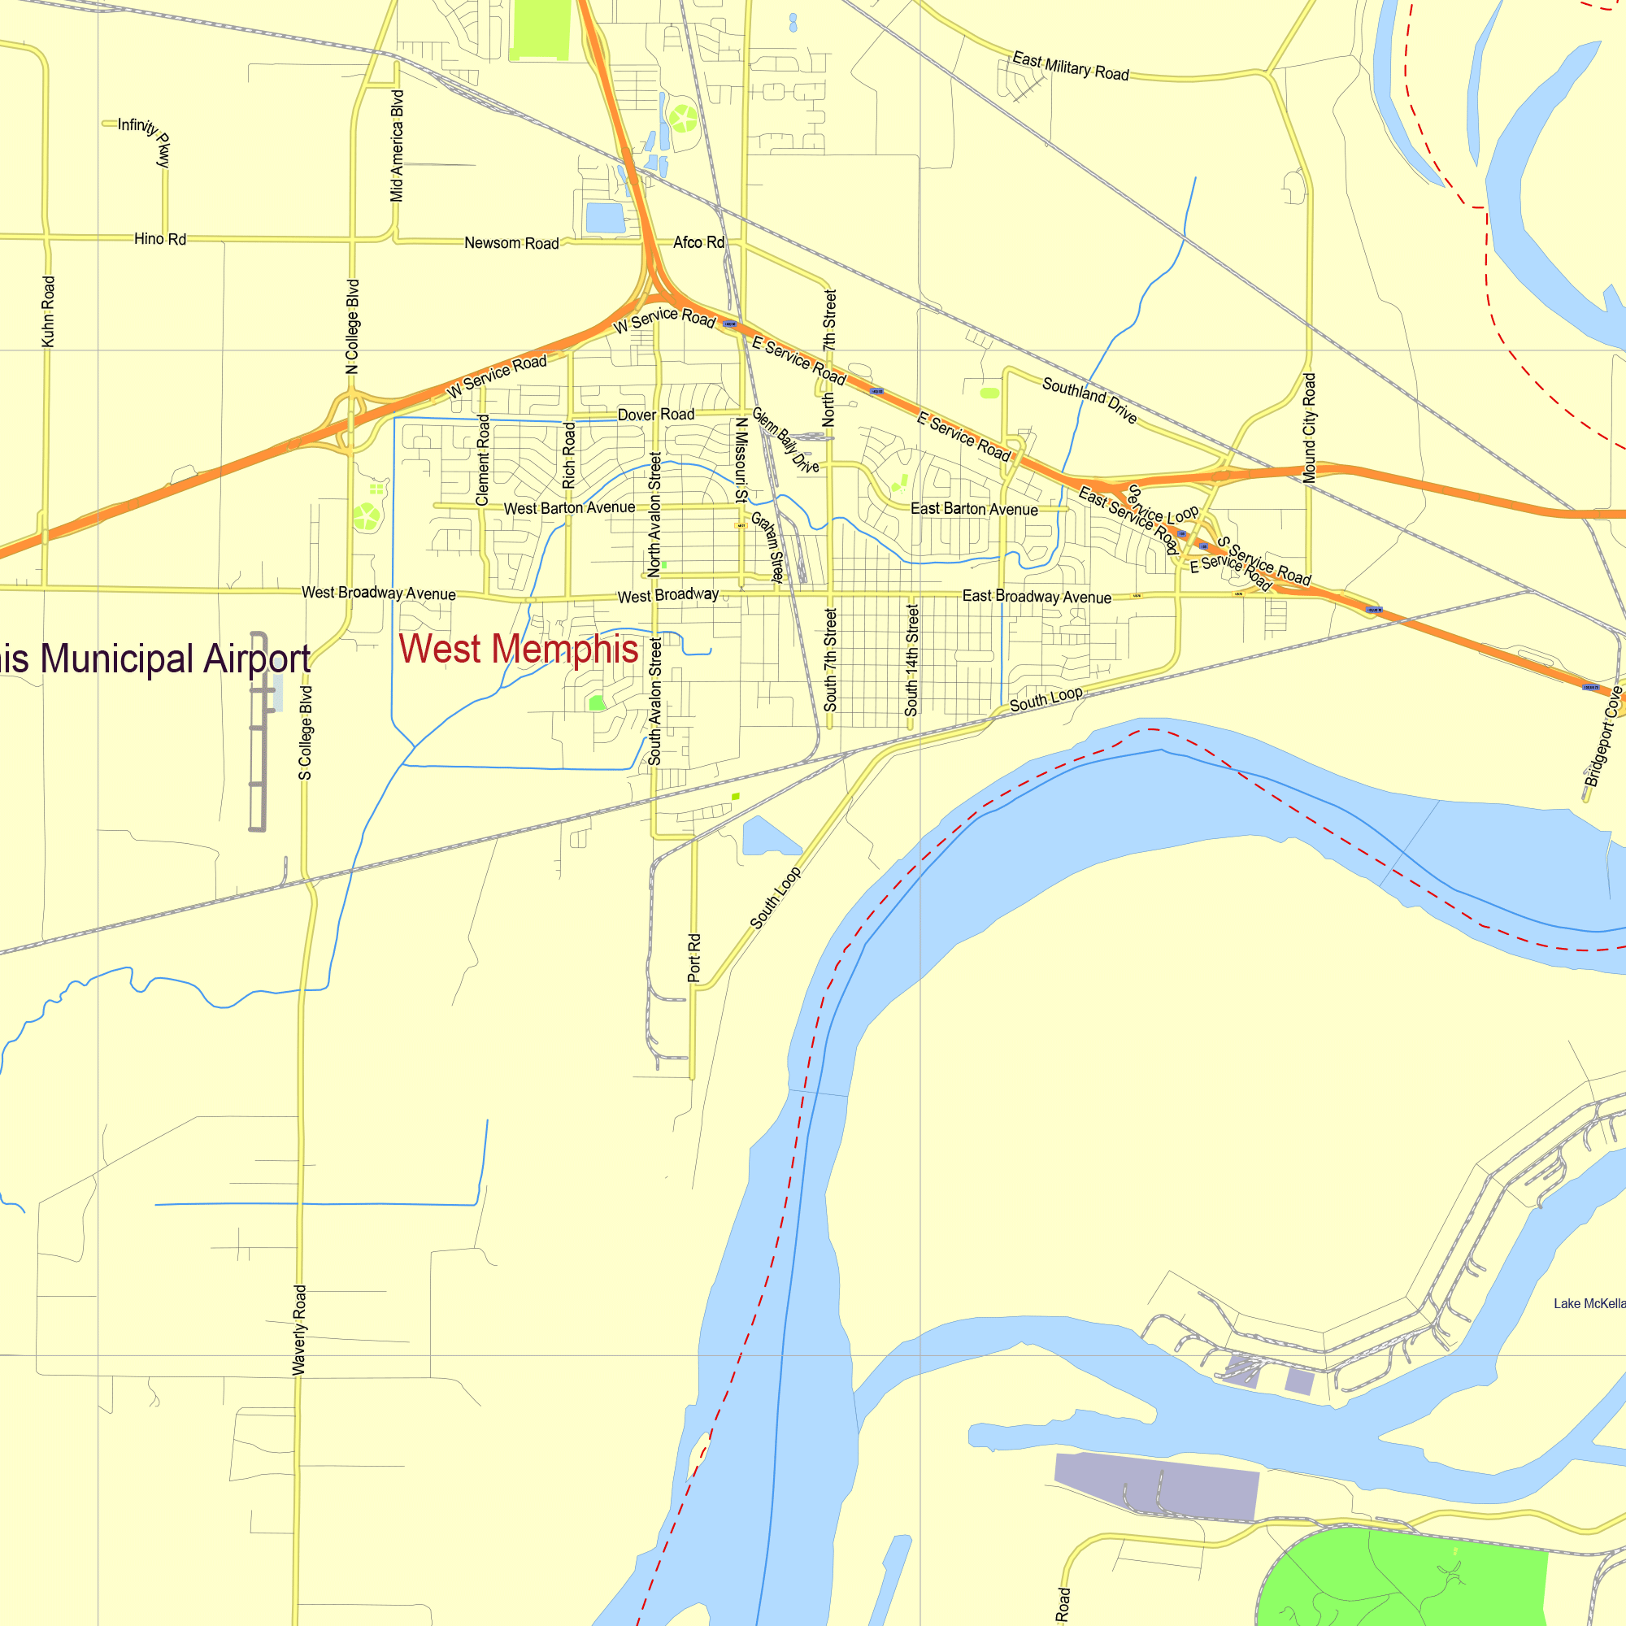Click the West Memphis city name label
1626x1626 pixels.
tap(519, 650)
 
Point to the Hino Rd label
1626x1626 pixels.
tap(160, 239)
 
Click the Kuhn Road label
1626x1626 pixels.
tap(48, 311)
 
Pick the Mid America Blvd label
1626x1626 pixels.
tap(398, 146)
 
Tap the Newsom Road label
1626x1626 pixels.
tap(511, 243)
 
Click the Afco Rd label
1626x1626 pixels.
tap(698, 242)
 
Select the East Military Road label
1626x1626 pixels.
tap(1070, 67)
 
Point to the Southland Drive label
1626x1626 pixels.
tap(1089, 400)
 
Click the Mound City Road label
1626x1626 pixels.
tap(1309, 428)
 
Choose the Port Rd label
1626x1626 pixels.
tap(694, 958)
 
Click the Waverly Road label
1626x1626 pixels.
tap(300, 1330)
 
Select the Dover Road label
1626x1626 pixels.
tap(655, 415)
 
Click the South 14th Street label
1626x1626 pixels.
tap(911, 661)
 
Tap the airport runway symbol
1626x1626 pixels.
tap(258, 733)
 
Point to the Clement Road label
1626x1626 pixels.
tap(482, 459)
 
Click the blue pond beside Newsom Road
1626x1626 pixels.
tap(605, 217)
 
